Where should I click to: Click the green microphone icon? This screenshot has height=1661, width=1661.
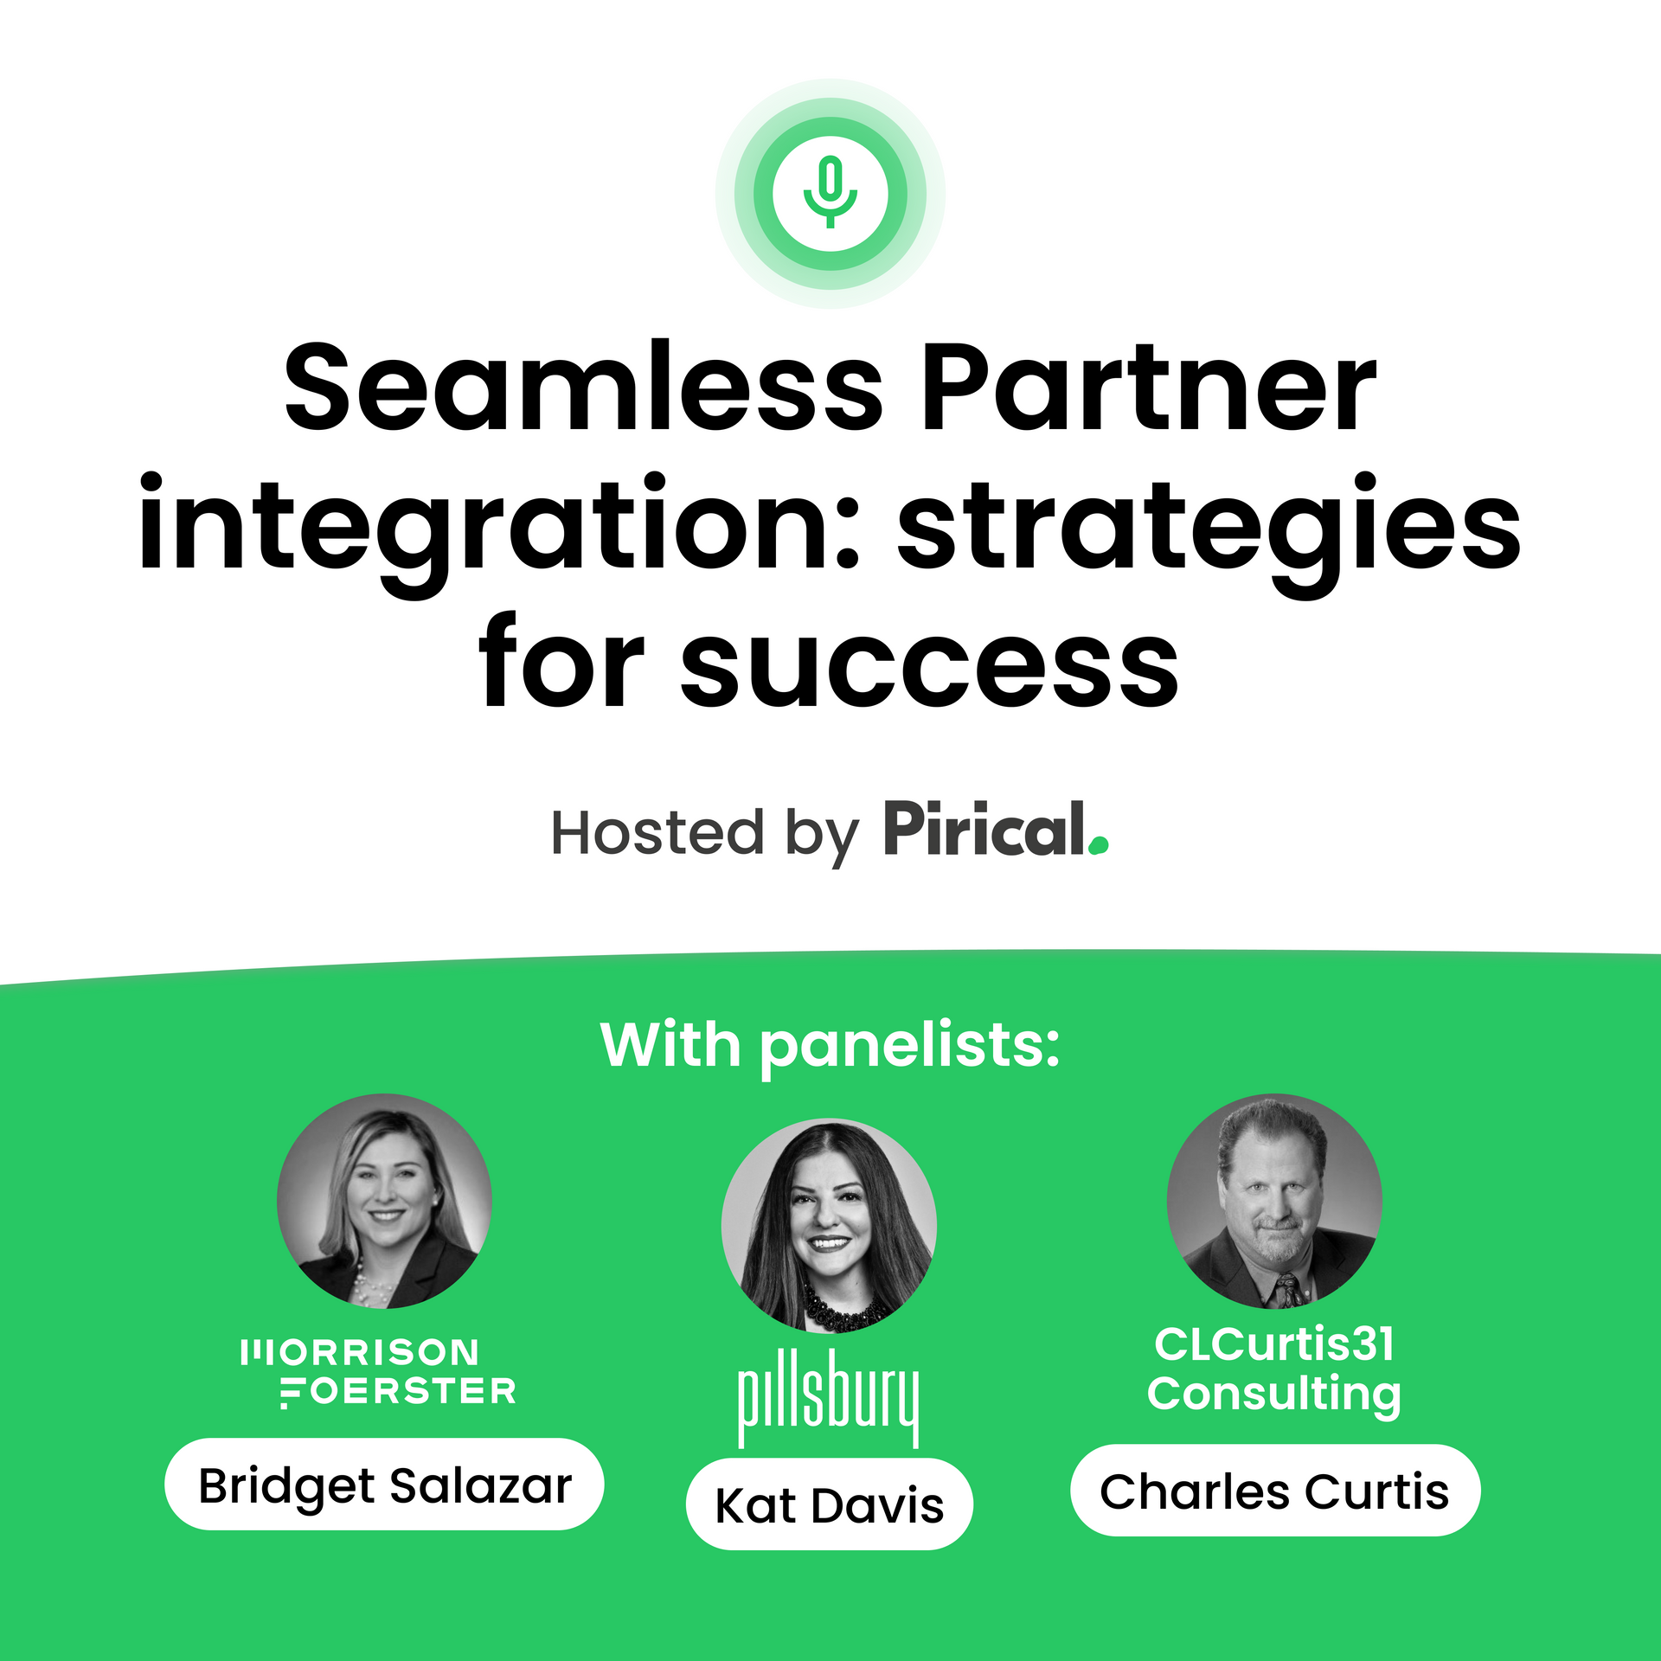tap(830, 192)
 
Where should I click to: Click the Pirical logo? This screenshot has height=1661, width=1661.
tap(996, 829)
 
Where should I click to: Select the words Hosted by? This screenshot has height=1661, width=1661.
tap(705, 834)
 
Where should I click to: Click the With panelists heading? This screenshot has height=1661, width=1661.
tap(830, 1047)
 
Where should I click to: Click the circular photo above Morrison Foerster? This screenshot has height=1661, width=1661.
tap(385, 1202)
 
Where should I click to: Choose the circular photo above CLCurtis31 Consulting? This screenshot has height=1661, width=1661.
tap(1274, 1202)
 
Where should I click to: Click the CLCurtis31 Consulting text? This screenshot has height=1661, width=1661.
tap(1274, 1370)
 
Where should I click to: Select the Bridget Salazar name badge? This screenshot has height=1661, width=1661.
tap(384, 1485)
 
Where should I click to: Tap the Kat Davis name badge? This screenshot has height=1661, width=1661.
tap(830, 1504)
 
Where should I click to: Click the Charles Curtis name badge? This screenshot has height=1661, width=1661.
tap(1275, 1491)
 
